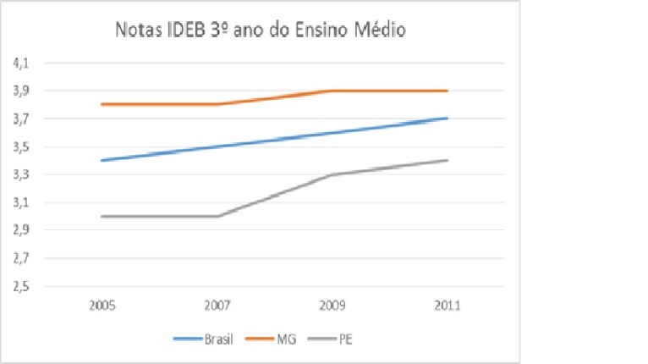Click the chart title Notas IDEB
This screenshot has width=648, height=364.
(x=261, y=31)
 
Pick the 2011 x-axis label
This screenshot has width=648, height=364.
(x=448, y=306)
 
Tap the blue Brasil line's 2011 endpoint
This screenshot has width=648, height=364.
(x=448, y=119)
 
